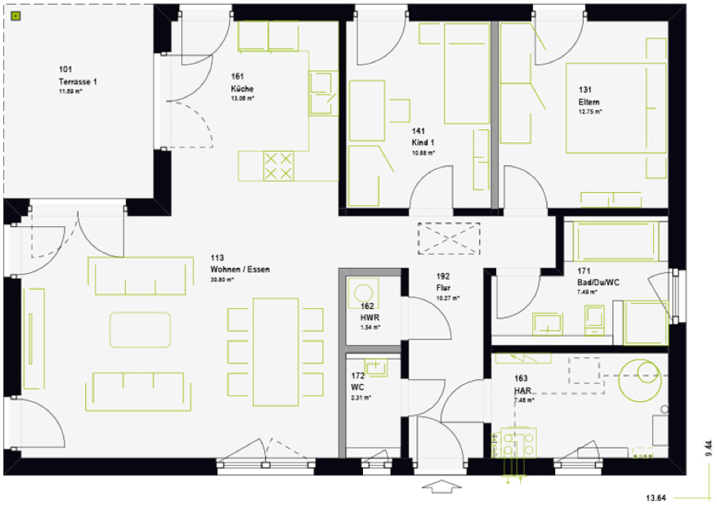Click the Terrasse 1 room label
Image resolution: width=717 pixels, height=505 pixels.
click(x=78, y=82)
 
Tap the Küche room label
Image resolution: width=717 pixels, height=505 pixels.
click(x=242, y=88)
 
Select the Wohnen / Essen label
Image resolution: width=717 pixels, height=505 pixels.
click(x=239, y=269)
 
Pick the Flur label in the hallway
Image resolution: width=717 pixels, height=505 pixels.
click(x=444, y=288)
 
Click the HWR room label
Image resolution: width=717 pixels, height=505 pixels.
click(x=369, y=317)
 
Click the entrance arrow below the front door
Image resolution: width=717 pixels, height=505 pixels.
click(x=441, y=488)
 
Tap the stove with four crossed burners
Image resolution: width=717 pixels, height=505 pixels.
click(x=277, y=165)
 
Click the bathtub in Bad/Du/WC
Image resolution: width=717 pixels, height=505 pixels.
click(x=616, y=241)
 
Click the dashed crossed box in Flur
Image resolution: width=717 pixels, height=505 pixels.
click(x=450, y=239)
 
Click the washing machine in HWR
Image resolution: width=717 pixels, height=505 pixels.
click(x=361, y=293)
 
